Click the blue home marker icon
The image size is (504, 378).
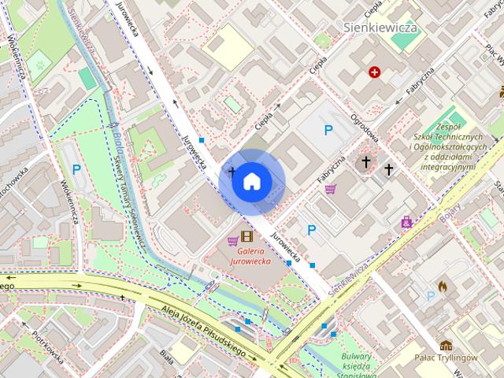point(251,181)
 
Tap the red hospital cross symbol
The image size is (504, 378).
point(375,72)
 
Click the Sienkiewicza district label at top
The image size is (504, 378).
point(381,28)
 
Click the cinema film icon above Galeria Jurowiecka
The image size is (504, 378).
point(248,236)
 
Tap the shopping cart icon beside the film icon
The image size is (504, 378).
point(233,239)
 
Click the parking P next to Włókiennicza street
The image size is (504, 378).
point(76,169)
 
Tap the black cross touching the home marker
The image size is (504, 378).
point(232,170)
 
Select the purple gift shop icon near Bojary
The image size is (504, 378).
point(406,223)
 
